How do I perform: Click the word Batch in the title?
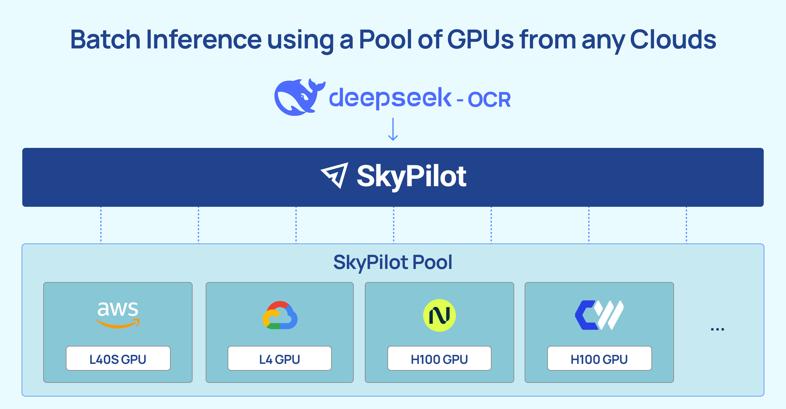click(x=105, y=40)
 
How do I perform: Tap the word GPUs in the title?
click(x=480, y=40)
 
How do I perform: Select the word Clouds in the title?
click(x=673, y=40)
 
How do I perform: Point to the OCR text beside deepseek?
click(x=489, y=99)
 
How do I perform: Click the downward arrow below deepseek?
click(x=393, y=130)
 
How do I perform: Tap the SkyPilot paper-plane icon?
click(x=335, y=175)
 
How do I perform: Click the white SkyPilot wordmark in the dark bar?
click(x=411, y=177)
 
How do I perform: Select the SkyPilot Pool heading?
click(x=393, y=262)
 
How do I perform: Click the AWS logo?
click(x=118, y=314)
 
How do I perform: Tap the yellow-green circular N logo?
click(x=440, y=315)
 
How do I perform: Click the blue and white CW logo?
click(x=599, y=315)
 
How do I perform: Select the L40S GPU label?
click(x=118, y=359)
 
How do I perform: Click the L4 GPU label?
click(x=280, y=359)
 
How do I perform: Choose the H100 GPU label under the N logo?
click(x=440, y=359)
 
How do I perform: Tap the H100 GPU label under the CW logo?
click(x=599, y=359)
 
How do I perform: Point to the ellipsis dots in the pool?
click(x=717, y=329)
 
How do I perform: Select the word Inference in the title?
click(x=204, y=40)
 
